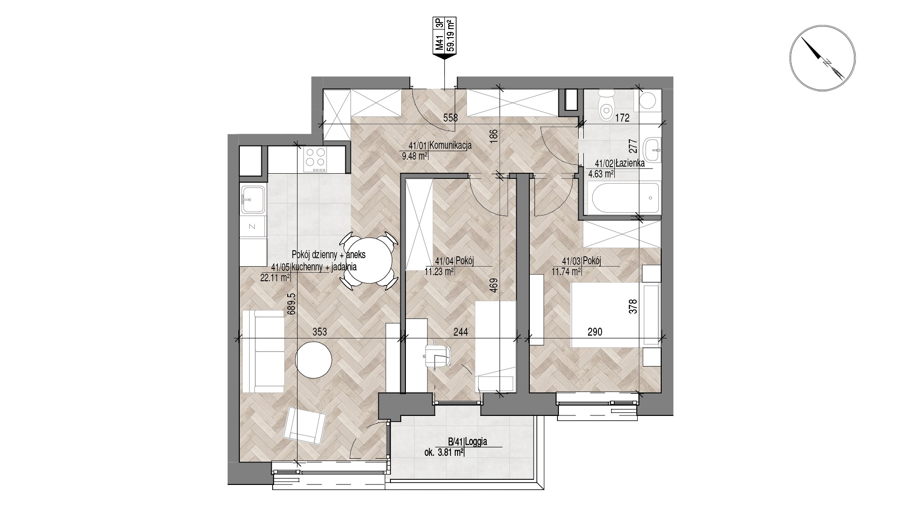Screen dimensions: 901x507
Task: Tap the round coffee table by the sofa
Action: click(x=313, y=360)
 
